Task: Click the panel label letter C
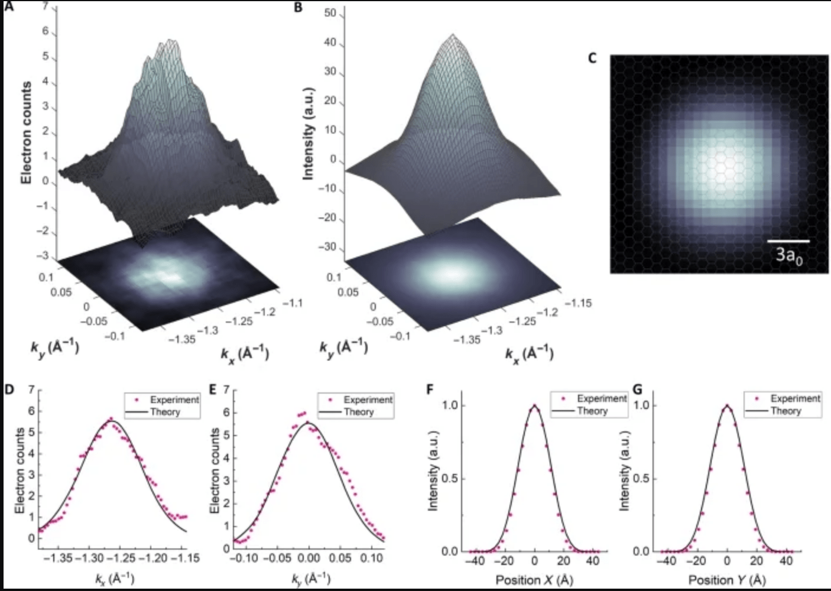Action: coord(592,59)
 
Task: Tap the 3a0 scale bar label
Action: coord(789,256)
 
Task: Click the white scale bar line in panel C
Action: coord(788,241)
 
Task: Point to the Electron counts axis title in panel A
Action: coord(26,133)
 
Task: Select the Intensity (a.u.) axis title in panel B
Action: coord(309,134)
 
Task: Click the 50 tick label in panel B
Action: coord(330,14)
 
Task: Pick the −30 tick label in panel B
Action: coord(327,247)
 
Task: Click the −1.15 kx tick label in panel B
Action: coord(579,303)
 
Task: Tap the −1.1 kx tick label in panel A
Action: coord(293,303)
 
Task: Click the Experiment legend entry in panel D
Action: coord(167,400)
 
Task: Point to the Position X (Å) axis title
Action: coord(534,580)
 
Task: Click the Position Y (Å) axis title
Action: coord(728,580)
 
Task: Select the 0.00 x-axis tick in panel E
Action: coord(309,558)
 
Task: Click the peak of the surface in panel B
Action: coord(453,34)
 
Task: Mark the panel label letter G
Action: coord(637,389)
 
